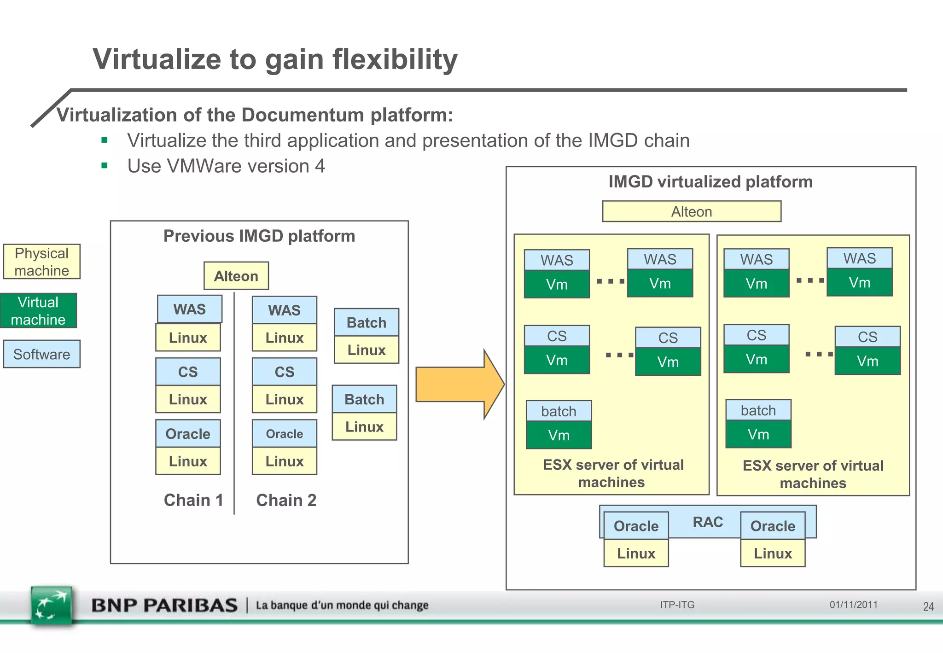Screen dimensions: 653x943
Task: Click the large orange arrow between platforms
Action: coord(458,384)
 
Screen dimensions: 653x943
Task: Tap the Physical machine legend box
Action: coord(41,262)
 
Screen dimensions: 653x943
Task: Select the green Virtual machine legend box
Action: coord(38,311)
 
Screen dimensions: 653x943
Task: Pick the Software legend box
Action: coord(41,354)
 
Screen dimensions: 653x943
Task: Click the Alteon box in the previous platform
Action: coord(236,276)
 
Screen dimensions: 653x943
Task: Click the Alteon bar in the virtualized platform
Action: coord(692,211)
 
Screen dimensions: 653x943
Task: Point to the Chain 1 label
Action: coord(193,500)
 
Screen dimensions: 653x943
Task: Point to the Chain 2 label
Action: coord(286,500)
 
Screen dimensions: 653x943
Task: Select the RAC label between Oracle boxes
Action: coord(708,522)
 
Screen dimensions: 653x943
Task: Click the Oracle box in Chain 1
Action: coord(188,434)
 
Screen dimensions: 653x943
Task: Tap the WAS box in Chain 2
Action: coord(285,310)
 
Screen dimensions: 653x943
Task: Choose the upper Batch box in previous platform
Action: coord(367,322)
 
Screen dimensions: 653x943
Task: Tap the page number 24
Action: coord(928,606)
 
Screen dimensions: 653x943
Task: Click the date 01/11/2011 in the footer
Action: coord(854,605)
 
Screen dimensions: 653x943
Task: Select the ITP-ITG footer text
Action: coord(677,605)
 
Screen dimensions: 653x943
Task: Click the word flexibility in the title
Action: coord(395,60)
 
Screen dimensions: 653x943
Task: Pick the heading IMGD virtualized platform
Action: coord(710,182)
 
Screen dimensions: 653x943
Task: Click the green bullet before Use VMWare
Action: coord(105,166)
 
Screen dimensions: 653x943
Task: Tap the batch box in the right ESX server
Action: coord(758,410)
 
